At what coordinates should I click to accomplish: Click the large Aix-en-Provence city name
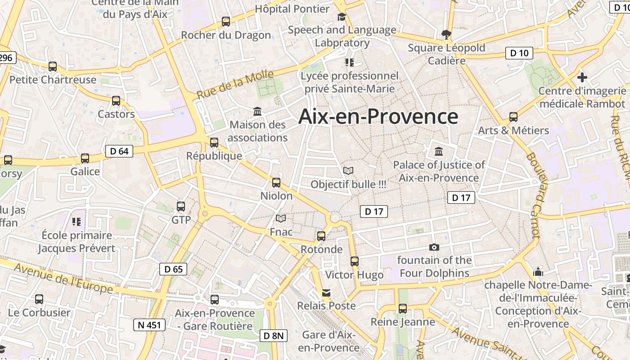click(378, 116)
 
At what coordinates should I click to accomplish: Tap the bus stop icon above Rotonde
click(321, 236)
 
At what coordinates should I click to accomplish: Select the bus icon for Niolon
click(276, 182)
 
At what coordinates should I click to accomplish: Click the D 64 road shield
click(119, 151)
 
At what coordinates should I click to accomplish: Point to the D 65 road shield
click(173, 269)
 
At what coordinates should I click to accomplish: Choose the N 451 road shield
click(149, 324)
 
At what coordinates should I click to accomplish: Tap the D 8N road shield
click(273, 335)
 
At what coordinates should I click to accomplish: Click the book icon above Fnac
click(281, 219)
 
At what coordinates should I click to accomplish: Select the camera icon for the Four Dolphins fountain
click(434, 247)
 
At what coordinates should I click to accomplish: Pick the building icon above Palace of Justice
click(439, 151)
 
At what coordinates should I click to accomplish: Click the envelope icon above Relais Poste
click(326, 293)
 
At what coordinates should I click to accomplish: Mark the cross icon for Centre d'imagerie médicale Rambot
click(582, 77)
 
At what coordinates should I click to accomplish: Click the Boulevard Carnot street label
click(533, 196)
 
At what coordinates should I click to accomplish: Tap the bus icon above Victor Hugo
click(355, 261)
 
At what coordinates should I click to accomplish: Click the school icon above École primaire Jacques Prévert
click(76, 221)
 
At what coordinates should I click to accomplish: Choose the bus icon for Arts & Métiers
click(513, 117)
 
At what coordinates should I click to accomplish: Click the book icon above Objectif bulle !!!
click(348, 171)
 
